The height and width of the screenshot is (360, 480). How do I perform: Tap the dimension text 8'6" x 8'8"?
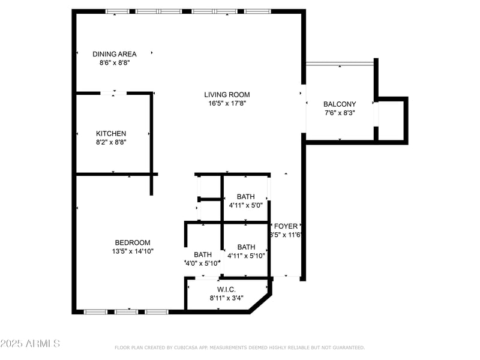(114, 62)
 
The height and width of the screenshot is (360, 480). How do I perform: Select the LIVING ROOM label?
(227, 94)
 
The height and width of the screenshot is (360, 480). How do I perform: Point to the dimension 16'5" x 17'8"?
(227, 103)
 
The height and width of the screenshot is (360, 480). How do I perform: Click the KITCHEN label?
(111, 133)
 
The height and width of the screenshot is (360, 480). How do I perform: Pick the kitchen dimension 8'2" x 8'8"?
(111, 142)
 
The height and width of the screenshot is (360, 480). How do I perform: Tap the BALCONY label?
(340, 104)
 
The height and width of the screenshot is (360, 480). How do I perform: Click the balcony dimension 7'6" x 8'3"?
(340, 113)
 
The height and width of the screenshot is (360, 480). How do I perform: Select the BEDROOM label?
(133, 242)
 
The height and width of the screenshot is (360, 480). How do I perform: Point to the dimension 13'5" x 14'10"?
(133, 251)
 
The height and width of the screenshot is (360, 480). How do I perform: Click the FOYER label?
(286, 226)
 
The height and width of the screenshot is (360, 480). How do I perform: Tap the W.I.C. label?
(226, 289)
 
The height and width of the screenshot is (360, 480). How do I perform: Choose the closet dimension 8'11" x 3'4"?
(226, 298)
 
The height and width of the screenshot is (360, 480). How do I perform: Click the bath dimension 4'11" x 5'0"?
(245, 205)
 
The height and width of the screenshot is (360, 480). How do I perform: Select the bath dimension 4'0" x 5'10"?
(203, 263)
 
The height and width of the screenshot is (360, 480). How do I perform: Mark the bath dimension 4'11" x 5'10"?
(246, 256)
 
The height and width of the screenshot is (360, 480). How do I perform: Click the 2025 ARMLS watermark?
(30, 344)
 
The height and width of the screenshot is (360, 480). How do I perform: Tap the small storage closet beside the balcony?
(391, 120)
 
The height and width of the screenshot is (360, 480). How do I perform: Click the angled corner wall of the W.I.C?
(261, 302)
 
